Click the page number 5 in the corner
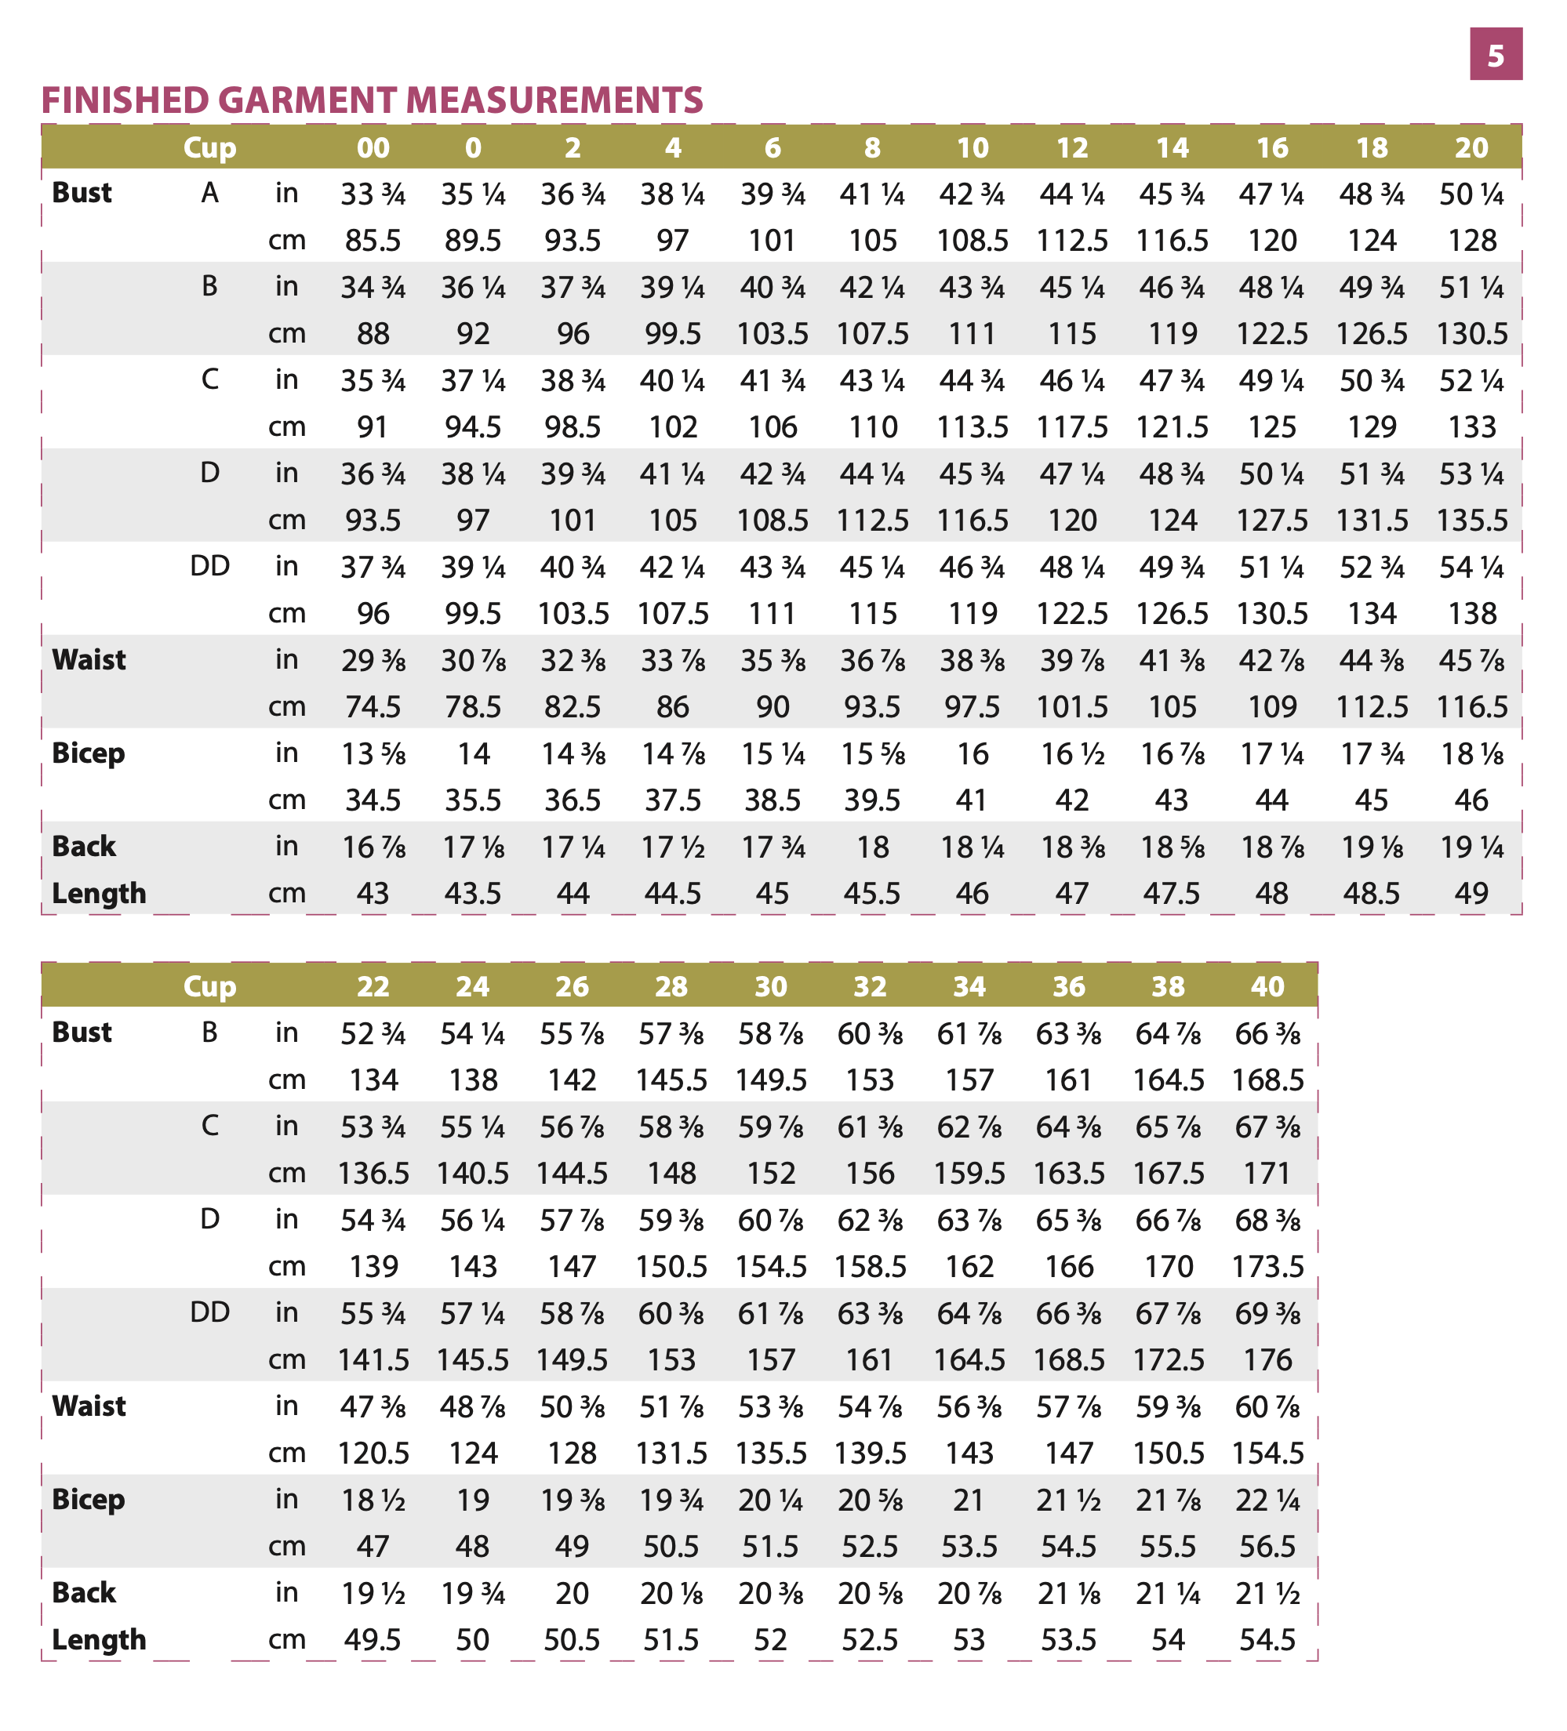pos(1495,55)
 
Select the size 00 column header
pos(373,147)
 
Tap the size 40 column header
pos(1267,986)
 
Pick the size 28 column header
pos(671,986)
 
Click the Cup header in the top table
pos(209,147)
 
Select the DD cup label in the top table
pos(209,567)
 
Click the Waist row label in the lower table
pos(89,1406)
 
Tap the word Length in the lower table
pos(99,1640)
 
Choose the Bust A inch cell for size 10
pos(972,195)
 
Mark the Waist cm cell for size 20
pos(1471,706)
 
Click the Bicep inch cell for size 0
pos(472,754)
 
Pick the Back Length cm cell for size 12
pos(1071,894)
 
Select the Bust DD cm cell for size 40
pos(1267,1360)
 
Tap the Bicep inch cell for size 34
pos(969,1500)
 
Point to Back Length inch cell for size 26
pos(571,1594)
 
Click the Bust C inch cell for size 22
pos(373,1127)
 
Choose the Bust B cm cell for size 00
pos(373,333)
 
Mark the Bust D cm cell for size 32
pos(870,1266)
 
